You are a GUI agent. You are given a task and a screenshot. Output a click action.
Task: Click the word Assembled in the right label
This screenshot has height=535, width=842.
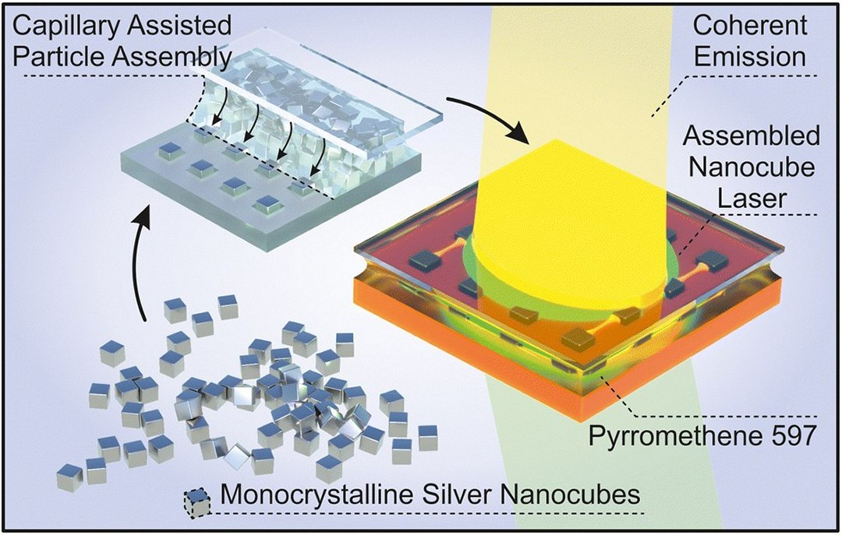point(752,136)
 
